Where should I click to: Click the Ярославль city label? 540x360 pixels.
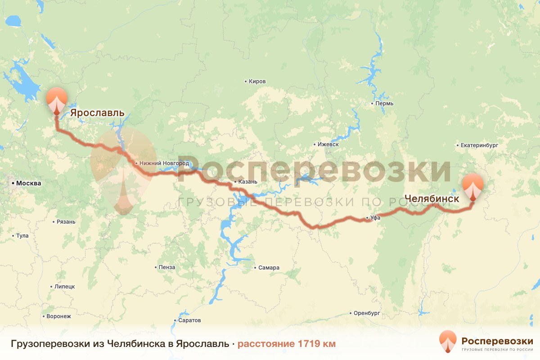97,112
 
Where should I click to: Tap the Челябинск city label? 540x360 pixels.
432,198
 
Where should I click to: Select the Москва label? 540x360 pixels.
28,183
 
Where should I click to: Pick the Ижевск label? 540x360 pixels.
328,144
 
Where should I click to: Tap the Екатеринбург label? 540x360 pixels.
480,145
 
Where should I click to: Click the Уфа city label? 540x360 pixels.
376,218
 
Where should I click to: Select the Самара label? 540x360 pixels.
269,268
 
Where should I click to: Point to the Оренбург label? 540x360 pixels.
367,313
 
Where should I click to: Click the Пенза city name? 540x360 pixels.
166,267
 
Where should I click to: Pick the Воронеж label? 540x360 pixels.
58,316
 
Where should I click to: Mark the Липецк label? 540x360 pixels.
64,286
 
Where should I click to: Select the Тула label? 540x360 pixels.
22,235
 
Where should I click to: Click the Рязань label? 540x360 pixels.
66,222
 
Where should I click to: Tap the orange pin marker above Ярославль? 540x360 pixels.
57,100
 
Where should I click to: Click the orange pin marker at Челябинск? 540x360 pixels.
473,186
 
